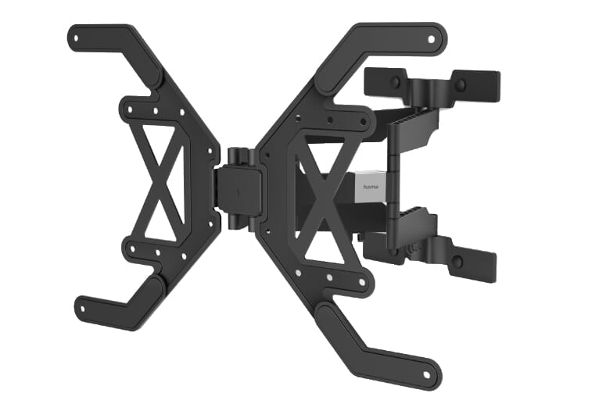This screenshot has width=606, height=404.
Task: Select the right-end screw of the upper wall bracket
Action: click(x=461, y=84)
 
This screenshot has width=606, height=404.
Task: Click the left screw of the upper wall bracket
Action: click(x=396, y=81)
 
